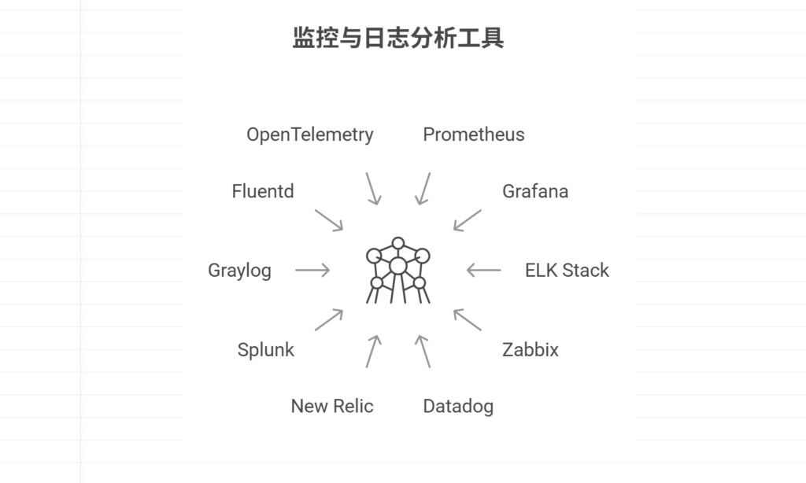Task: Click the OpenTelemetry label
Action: [x=309, y=135]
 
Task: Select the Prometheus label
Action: [x=474, y=135]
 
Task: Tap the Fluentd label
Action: [x=263, y=191]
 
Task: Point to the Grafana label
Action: [x=535, y=191]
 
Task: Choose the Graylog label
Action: [x=239, y=271]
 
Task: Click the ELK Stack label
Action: [x=567, y=271]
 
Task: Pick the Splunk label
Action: [x=265, y=350]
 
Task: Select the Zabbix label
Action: [x=531, y=350]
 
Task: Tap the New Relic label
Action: [x=332, y=406]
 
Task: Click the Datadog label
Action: [x=458, y=406]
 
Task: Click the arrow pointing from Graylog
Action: [x=312, y=271]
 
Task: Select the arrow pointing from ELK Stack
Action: [x=483, y=271]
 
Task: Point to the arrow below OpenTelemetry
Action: [x=372, y=189]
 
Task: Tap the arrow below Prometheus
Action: [x=423, y=189]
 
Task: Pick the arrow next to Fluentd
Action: [x=329, y=219]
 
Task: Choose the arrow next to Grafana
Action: [x=467, y=219]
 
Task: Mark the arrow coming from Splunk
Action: [x=329, y=319]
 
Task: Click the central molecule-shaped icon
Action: [x=398, y=270]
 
